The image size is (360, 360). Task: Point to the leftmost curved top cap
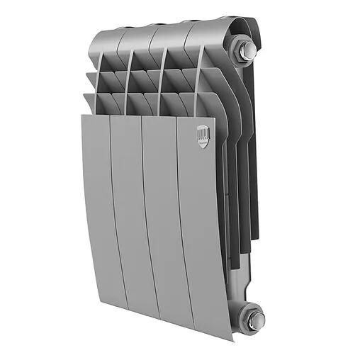point(106,32)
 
